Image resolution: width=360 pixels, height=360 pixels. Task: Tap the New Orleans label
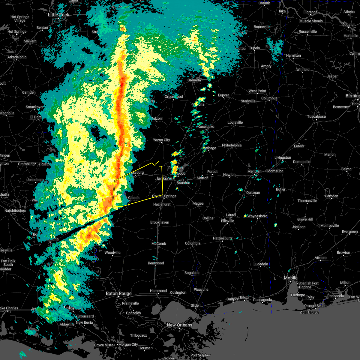(179, 325)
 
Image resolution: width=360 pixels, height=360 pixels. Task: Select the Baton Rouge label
(118, 294)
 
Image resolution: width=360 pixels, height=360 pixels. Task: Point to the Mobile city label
(291, 278)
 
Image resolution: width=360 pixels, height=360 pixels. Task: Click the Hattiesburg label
(222, 238)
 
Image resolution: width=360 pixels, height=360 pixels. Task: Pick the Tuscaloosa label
(316, 117)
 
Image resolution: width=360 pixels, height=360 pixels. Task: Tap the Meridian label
(254, 171)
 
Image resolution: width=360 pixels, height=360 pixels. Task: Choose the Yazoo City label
(161, 140)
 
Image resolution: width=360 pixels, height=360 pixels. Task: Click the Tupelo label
(254, 48)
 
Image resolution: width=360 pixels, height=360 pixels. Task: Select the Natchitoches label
(15, 211)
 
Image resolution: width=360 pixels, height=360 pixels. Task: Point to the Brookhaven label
(160, 223)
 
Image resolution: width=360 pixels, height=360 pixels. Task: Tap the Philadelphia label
(232, 145)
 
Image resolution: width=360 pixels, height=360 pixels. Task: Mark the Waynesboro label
(257, 216)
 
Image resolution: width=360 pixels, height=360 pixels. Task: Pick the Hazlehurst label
(162, 205)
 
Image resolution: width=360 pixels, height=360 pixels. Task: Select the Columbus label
(269, 98)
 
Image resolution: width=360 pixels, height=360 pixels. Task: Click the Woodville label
(112, 253)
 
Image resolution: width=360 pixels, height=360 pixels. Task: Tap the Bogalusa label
(192, 273)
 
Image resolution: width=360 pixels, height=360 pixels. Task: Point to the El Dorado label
(36, 117)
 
